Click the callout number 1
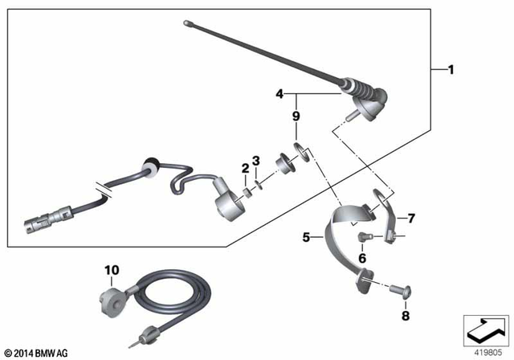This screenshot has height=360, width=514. [x=451, y=71]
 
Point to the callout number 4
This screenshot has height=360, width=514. [x=279, y=94]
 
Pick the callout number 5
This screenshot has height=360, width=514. [x=306, y=237]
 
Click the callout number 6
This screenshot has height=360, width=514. [x=362, y=258]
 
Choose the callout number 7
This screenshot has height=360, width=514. [x=411, y=219]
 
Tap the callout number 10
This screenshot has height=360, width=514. [x=109, y=270]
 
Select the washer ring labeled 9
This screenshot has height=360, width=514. [x=299, y=149]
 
